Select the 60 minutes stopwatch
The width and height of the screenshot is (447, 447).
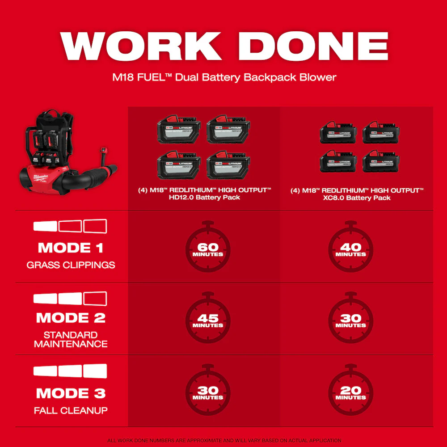(x=208, y=248)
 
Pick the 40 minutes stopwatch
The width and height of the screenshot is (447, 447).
(x=351, y=248)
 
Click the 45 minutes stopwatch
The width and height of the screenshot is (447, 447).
(x=208, y=320)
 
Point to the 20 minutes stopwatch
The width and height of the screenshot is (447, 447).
(x=351, y=392)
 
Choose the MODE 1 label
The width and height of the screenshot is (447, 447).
(x=71, y=248)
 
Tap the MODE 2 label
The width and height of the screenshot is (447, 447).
(x=71, y=318)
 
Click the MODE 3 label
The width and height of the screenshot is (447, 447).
(x=71, y=393)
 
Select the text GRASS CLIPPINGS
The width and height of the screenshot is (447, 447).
(x=71, y=265)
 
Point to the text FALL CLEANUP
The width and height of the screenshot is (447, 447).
(x=71, y=410)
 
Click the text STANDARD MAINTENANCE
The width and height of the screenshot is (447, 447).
(x=71, y=339)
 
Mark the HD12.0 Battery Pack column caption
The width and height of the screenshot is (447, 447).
(x=204, y=194)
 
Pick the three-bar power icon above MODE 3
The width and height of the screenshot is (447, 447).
(x=71, y=371)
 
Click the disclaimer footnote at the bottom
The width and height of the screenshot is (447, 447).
(x=223, y=440)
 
